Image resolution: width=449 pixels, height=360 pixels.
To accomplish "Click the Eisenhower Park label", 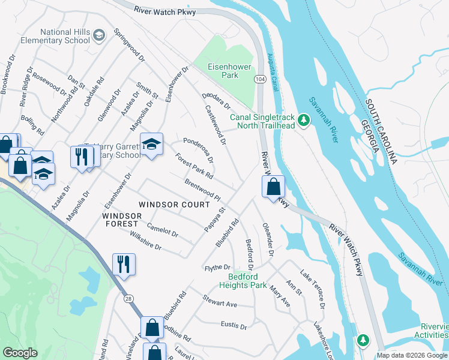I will [x=223, y=71].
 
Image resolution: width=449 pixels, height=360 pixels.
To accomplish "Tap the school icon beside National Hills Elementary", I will [x=98, y=37].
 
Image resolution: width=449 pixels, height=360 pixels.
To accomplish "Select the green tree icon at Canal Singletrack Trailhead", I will [x=304, y=121].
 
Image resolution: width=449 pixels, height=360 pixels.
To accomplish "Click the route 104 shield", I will [x=260, y=79].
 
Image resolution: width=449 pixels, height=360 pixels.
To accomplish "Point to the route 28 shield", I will [x=128, y=298].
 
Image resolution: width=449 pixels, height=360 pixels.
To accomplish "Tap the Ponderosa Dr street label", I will [x=199, y=149].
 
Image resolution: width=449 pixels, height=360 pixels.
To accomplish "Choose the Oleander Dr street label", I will [x=268, y=240].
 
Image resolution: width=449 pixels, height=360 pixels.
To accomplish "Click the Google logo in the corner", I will [x=20, y=353].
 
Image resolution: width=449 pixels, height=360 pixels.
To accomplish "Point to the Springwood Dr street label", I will [x=129, y=46].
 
